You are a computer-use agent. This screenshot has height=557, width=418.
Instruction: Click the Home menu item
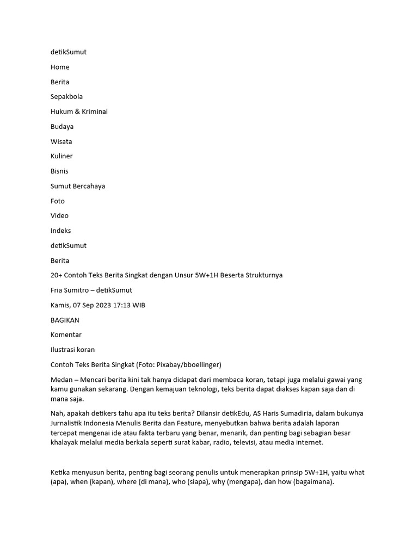tap(60, 67)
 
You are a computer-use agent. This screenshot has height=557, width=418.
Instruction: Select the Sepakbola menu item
tap(66, 97)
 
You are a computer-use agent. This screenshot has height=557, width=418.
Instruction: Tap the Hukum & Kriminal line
tap(79, 112)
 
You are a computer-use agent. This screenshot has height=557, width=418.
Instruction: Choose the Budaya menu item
tap(62, 126)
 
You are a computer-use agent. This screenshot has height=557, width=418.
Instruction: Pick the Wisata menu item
tap(61, 141)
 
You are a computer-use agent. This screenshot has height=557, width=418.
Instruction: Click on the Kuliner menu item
tap(62, 156)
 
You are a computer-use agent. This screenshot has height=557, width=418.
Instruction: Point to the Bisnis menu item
tap(60, 171)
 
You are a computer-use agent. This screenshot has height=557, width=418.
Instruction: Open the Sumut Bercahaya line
tap(78, 186)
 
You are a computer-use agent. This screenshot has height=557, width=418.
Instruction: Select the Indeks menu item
tap(60, 231)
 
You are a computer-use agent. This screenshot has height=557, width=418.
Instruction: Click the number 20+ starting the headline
tap(57, 275)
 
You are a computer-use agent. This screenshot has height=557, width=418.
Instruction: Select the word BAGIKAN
tap(65, 320)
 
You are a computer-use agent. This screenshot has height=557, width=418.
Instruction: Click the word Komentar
tap(66, 335)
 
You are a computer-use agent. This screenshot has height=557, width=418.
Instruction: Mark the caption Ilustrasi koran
tap(72, 350)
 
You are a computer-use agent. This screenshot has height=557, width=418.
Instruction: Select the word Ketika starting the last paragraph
tap(61, 473)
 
